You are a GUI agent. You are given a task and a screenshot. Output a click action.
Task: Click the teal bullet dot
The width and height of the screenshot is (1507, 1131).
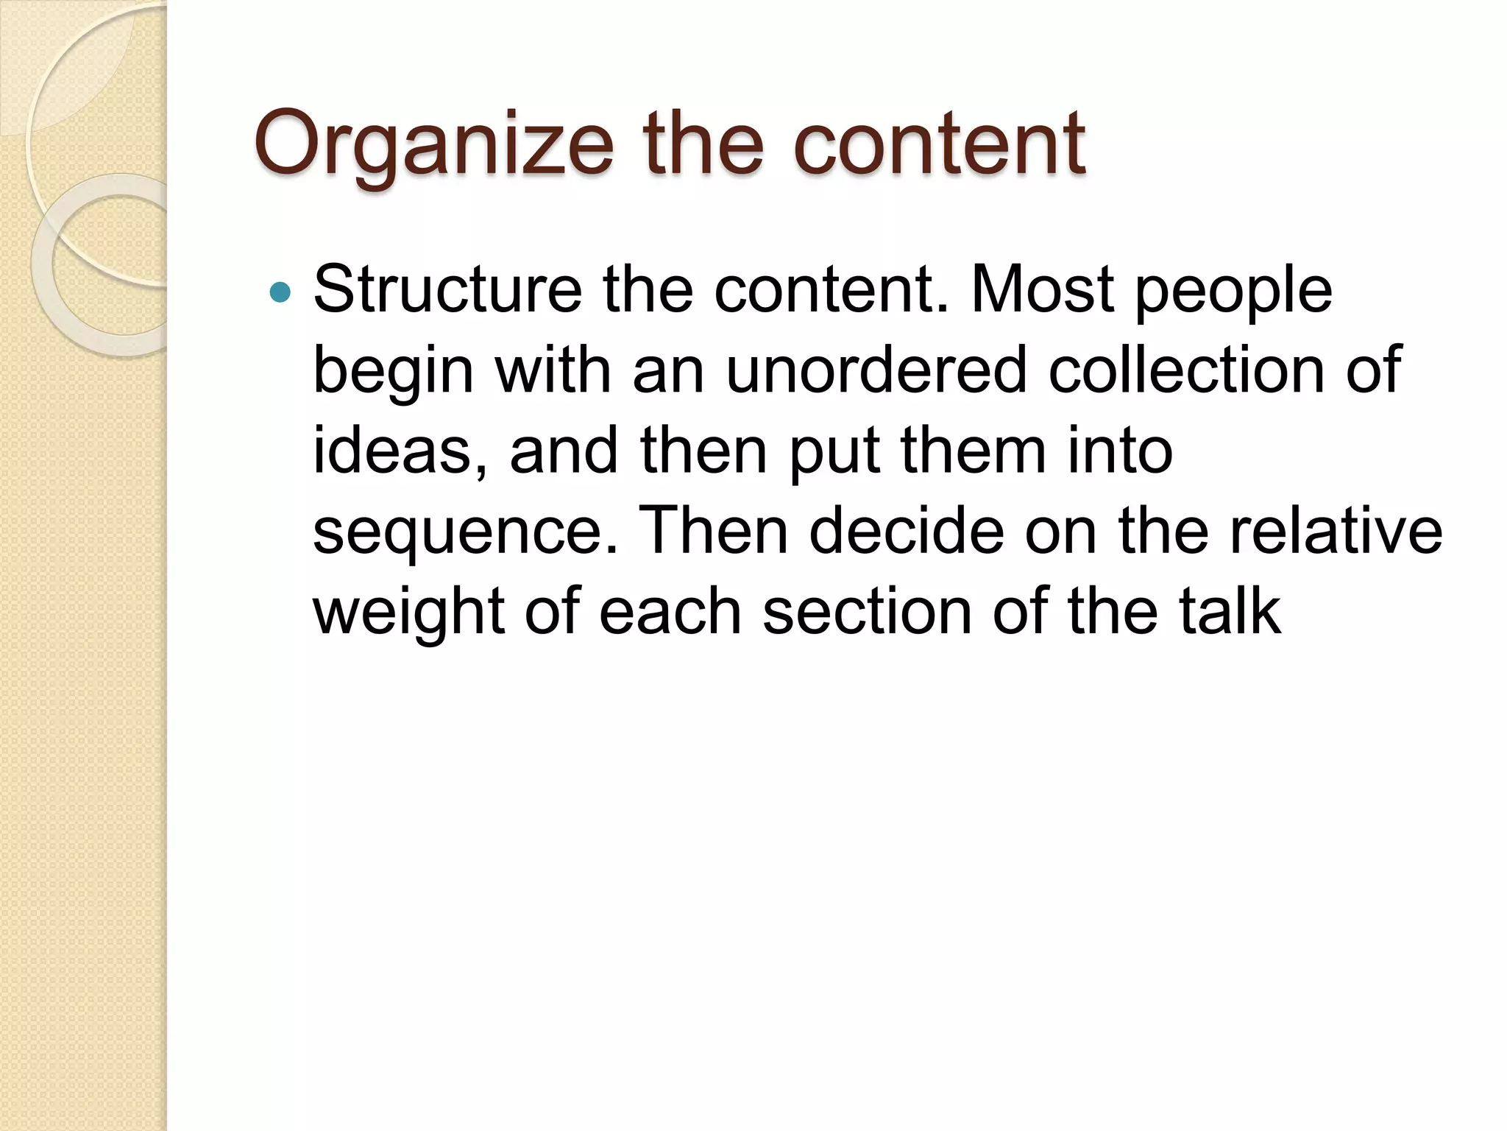coord(280,293)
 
